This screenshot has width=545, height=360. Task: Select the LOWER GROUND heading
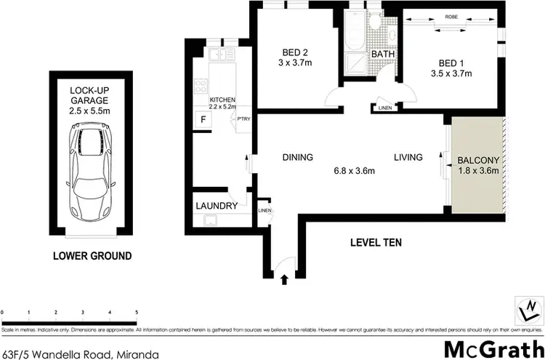[92, 256]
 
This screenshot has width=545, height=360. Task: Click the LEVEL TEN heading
[376, 242]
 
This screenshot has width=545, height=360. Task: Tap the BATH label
[382, 55]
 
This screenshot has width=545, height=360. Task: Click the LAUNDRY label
[217, 206]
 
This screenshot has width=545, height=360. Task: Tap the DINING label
[298, 157]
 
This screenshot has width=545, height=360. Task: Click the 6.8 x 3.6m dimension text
[353, 171]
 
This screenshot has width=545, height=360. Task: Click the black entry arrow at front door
[284, 277]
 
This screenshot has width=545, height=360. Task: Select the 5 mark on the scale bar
[137, 312]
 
